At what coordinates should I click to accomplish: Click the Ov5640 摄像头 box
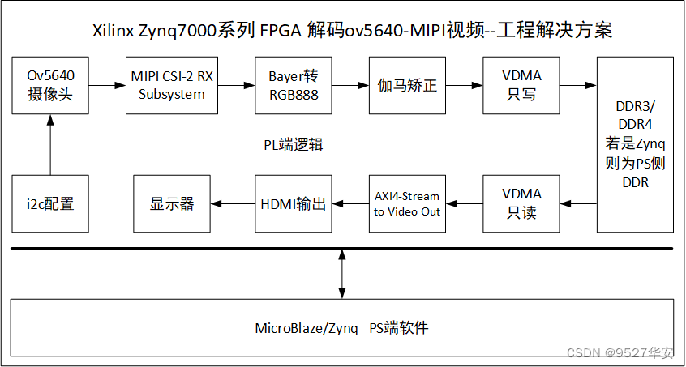click(x=50, y=84)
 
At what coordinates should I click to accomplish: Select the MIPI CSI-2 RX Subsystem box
click(x=172, y=84)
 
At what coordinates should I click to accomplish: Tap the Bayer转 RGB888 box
click(x=294, y=84)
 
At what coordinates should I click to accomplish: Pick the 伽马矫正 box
click(x=408, y=84)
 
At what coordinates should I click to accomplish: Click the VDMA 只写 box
click(x=522, y=84)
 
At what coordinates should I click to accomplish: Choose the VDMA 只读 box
click(x=522, y=203)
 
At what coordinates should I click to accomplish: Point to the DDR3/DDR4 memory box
click(x=634, y=143)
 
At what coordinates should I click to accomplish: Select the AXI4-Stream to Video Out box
click(x=407, y=203)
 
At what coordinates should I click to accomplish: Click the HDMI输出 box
click(x=294, y=203)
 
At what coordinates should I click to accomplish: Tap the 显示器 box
click(x=172, y=203)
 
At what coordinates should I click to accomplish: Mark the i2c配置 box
click(x=50, y=203)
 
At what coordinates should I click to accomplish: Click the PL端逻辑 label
click(x=294, y=145)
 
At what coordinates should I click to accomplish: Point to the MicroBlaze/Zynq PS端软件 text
click(x=341, y=328)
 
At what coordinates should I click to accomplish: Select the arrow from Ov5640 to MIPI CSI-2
click(x=105, y=84)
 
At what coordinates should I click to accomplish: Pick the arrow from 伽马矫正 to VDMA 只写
click(x=465, y=84)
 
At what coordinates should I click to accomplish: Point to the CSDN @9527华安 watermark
click(x=620, y=352)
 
